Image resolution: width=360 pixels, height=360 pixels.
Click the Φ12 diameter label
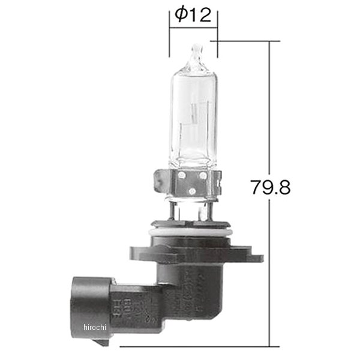[193, 16]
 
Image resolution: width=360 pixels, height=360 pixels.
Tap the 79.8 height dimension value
[271, 187]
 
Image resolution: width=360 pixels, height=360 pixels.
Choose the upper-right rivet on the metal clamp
[203, 175]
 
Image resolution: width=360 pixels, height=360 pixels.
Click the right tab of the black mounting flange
[252, 259]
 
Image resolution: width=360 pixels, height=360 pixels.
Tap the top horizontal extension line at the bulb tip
[246, 41]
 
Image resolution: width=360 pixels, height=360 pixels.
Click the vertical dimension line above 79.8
[269, 108]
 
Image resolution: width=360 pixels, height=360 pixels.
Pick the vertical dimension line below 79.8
[269, 270]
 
